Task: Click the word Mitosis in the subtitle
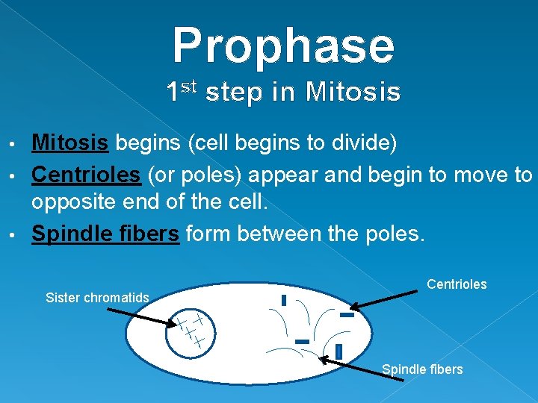coord(353,93)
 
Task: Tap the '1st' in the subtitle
coord(180,91)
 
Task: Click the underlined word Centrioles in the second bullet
coord(85,175)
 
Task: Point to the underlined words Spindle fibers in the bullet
coord(105,234)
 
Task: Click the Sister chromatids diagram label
coord(97,298)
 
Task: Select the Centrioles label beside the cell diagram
coord(457,284)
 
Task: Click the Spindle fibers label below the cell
coord(422,369)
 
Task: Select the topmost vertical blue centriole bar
coord(284,300)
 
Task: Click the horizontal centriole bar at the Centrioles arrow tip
coord(346,315)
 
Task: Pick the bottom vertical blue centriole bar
coord(338,351)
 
